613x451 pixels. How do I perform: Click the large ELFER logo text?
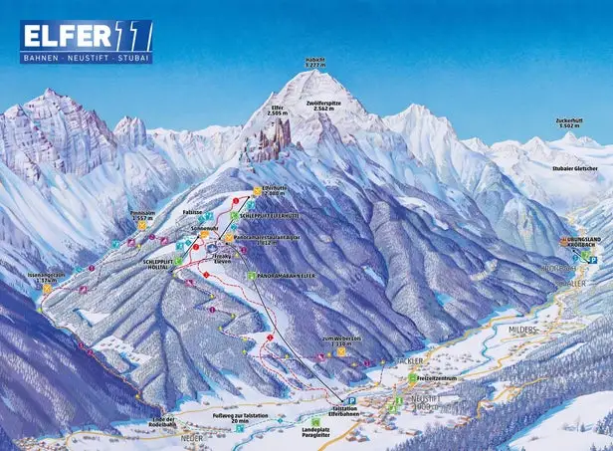click(x=65, y=36)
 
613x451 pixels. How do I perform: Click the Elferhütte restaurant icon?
click(x=257, y=189)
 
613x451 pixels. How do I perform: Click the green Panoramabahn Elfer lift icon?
click(x=251, y=276)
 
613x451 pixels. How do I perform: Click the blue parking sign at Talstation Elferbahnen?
click(x=351, y=398)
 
